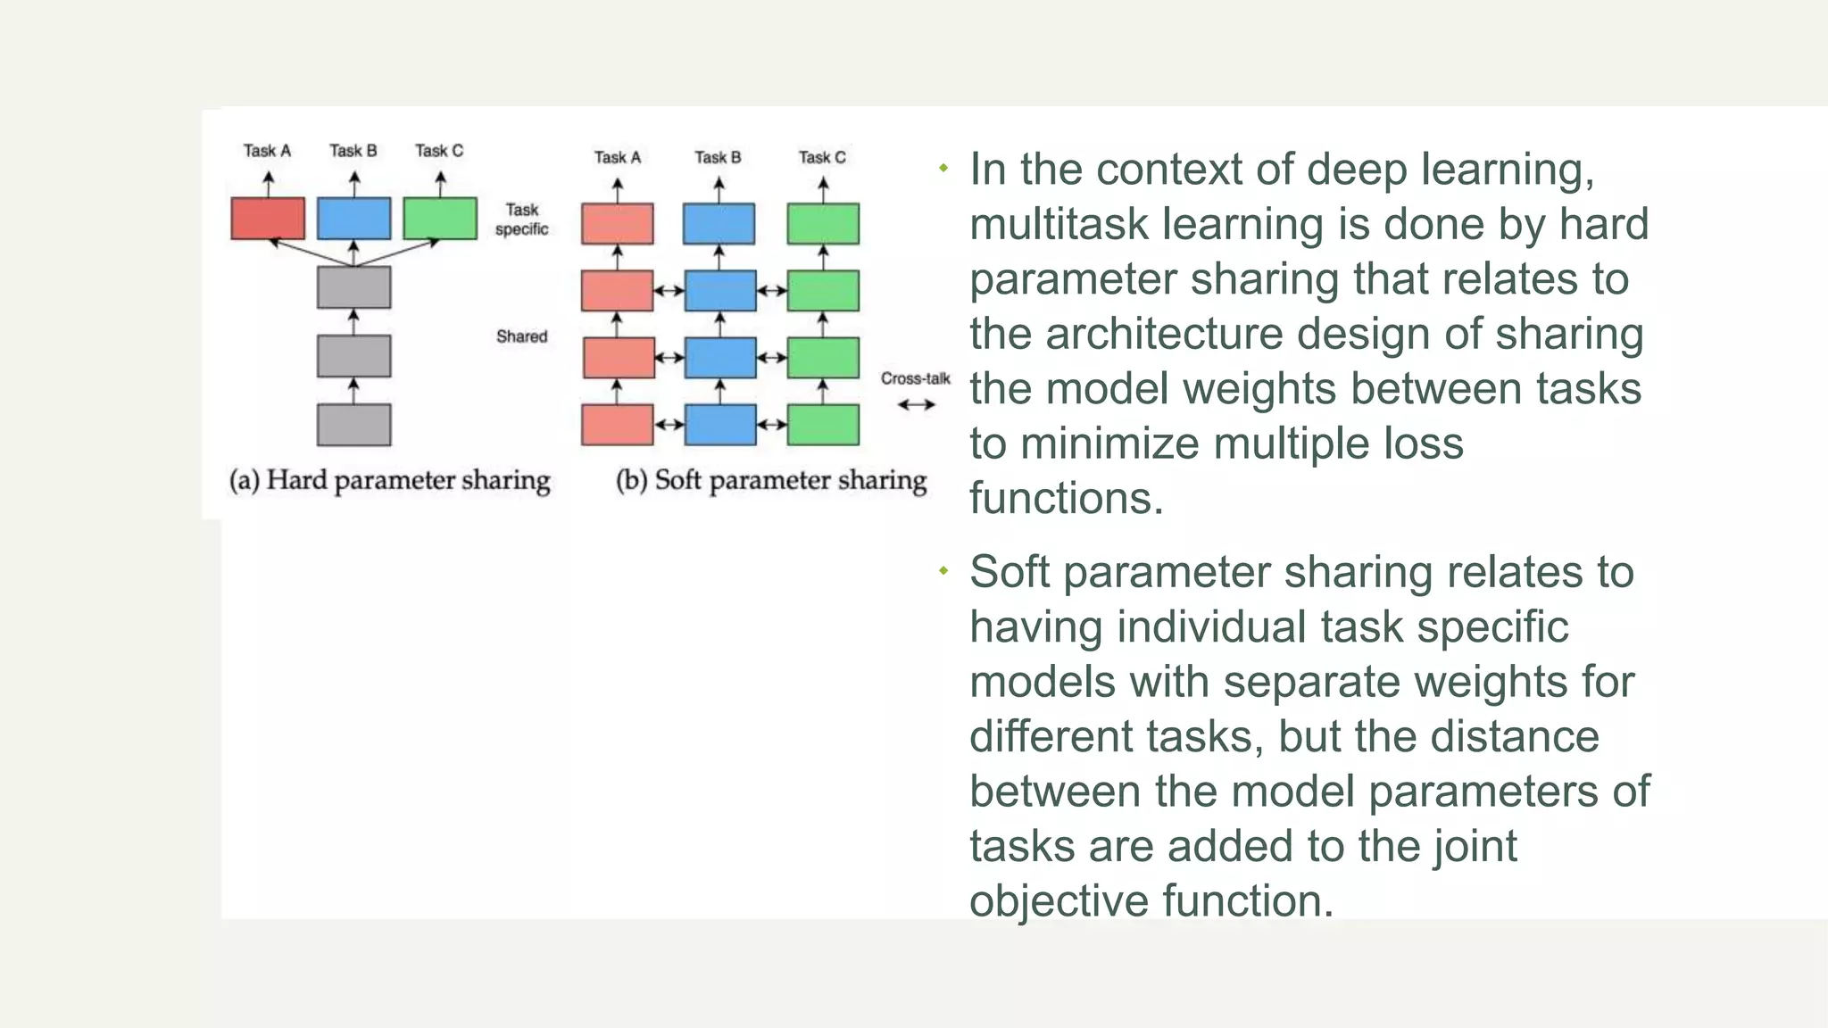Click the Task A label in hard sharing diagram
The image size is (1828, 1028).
(267, 151)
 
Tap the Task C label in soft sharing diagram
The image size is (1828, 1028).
(821, 158)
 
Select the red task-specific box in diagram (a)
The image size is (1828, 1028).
(268, 219)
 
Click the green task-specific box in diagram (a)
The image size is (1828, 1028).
(440, 219)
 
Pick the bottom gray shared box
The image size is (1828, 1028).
(353, 425)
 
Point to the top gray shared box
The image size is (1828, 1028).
(353, 287)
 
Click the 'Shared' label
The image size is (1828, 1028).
(521, 336)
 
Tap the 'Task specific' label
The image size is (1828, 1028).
(521, 220)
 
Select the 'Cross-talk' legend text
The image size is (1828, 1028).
(915, 378)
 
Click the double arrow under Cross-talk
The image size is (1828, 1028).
(916, 405)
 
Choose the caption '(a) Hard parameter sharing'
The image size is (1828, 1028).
(389, 481)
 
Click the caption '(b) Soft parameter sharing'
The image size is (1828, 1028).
(771, 481)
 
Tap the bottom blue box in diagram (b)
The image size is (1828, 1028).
(720, 425)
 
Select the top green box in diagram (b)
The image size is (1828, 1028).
(823, 224)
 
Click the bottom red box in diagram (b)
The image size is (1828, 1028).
(617, 425)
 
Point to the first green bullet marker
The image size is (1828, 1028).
(943, 168)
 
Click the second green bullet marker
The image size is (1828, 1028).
(943, 570)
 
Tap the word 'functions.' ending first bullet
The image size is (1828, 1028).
(1067, 499)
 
